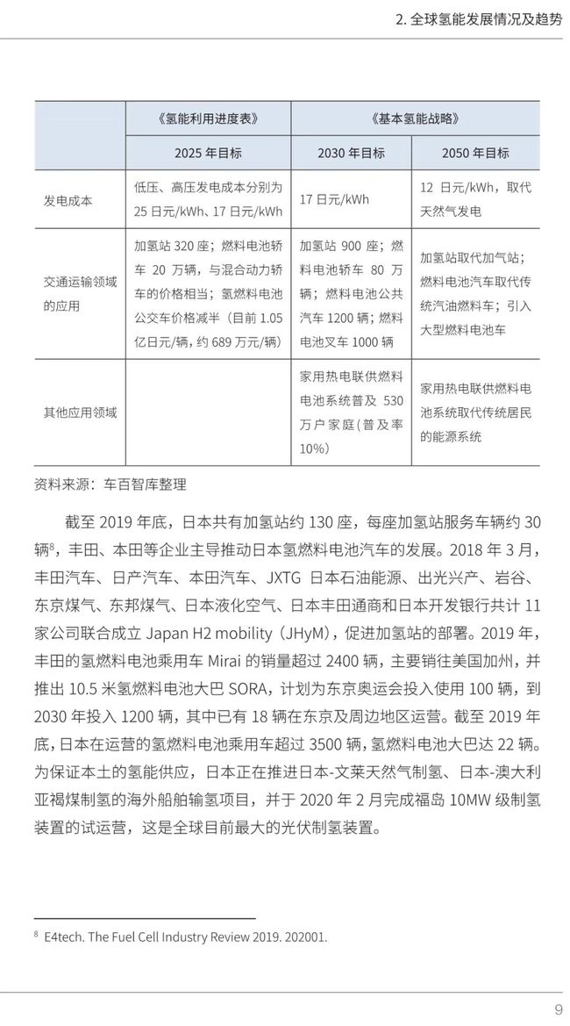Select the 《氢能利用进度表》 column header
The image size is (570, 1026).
[x=208, y=118]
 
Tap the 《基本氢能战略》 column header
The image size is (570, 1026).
[x=416, y=118]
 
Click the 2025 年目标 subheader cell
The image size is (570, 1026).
[x=208, y=153]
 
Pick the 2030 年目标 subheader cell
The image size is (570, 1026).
[x=351, y=153]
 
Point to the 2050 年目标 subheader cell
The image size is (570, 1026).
[x=476, y=153]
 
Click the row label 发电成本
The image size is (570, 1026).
[x=68, y=200]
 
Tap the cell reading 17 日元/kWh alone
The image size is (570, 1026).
[x=334, y=199]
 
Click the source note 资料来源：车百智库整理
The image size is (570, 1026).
[x=110, y=484]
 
